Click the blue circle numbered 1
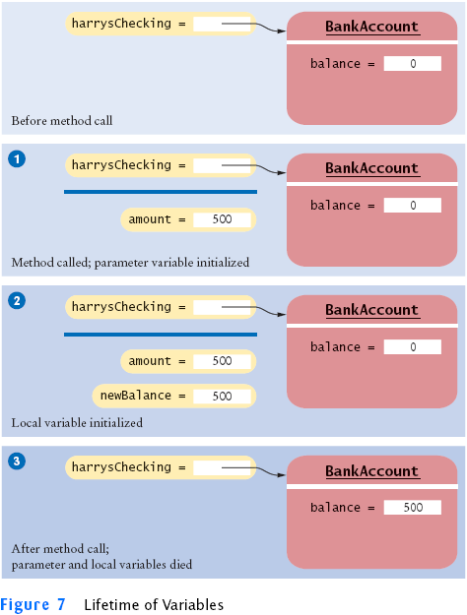[x=17, y=159]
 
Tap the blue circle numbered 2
[x=17, y=301]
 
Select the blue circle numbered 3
[x=17, y=461]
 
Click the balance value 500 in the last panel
[x=413, y=507]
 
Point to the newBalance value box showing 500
[x=222, y=396]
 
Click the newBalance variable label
[x=136, y=396]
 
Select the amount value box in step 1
[x=222, y=219]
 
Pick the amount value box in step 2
[x=222, y=361]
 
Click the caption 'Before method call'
[x=62, y=120]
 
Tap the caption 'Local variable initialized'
[x=77, y=423]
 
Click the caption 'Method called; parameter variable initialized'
[x=130, y=262]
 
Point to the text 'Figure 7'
[x=33, y=604]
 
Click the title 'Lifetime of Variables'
[x=154, y=604]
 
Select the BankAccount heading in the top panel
[x=372, y=27]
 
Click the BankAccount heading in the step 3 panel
[x=372, y=471]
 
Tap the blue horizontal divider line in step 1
[x=161, y=192]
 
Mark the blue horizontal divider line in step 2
[x=161, y=335]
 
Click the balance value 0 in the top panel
[x=413, y=64]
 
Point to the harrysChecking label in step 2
[x=121, y=307]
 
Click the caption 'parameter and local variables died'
[x=101, y=565]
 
